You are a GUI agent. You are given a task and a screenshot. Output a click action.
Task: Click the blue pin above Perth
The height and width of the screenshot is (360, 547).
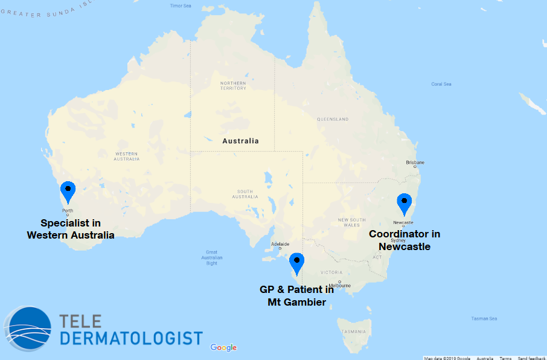(x=68, y=191)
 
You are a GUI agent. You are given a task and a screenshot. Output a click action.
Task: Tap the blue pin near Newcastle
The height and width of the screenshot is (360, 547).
(x=404, y=203)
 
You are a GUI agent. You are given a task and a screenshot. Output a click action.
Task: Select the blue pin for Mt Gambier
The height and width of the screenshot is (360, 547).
(x=296, y=263)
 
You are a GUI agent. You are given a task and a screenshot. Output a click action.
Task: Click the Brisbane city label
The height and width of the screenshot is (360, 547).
(x=415, y=162)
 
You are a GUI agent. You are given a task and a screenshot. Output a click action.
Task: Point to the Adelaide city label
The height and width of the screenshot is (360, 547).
(x=280, y=245)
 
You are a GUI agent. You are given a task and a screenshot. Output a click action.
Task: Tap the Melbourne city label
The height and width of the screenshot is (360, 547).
(x=341, y=284)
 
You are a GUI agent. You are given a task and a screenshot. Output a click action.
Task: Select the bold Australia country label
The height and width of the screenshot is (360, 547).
(x=240, y=141)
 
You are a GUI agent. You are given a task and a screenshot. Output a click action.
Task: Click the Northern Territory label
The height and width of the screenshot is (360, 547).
(x=233, y=86)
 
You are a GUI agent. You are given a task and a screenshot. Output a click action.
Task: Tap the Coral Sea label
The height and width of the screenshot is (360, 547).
(x=441, y=84)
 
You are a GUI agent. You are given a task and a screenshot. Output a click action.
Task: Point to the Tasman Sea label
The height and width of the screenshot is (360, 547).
(x=485, y=318)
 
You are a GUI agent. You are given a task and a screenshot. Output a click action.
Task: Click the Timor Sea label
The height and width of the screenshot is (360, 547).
(x=180, y=5)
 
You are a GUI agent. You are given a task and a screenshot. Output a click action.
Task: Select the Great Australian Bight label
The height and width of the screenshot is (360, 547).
(x=211, y=258)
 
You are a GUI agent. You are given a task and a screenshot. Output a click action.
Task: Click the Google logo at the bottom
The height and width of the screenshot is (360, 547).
(x=223, y=347)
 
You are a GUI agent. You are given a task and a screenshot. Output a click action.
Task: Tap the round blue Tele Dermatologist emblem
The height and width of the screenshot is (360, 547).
(x=27, y=329)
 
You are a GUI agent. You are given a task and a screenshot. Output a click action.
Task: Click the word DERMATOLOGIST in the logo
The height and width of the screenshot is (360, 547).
(x=131, y=338)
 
